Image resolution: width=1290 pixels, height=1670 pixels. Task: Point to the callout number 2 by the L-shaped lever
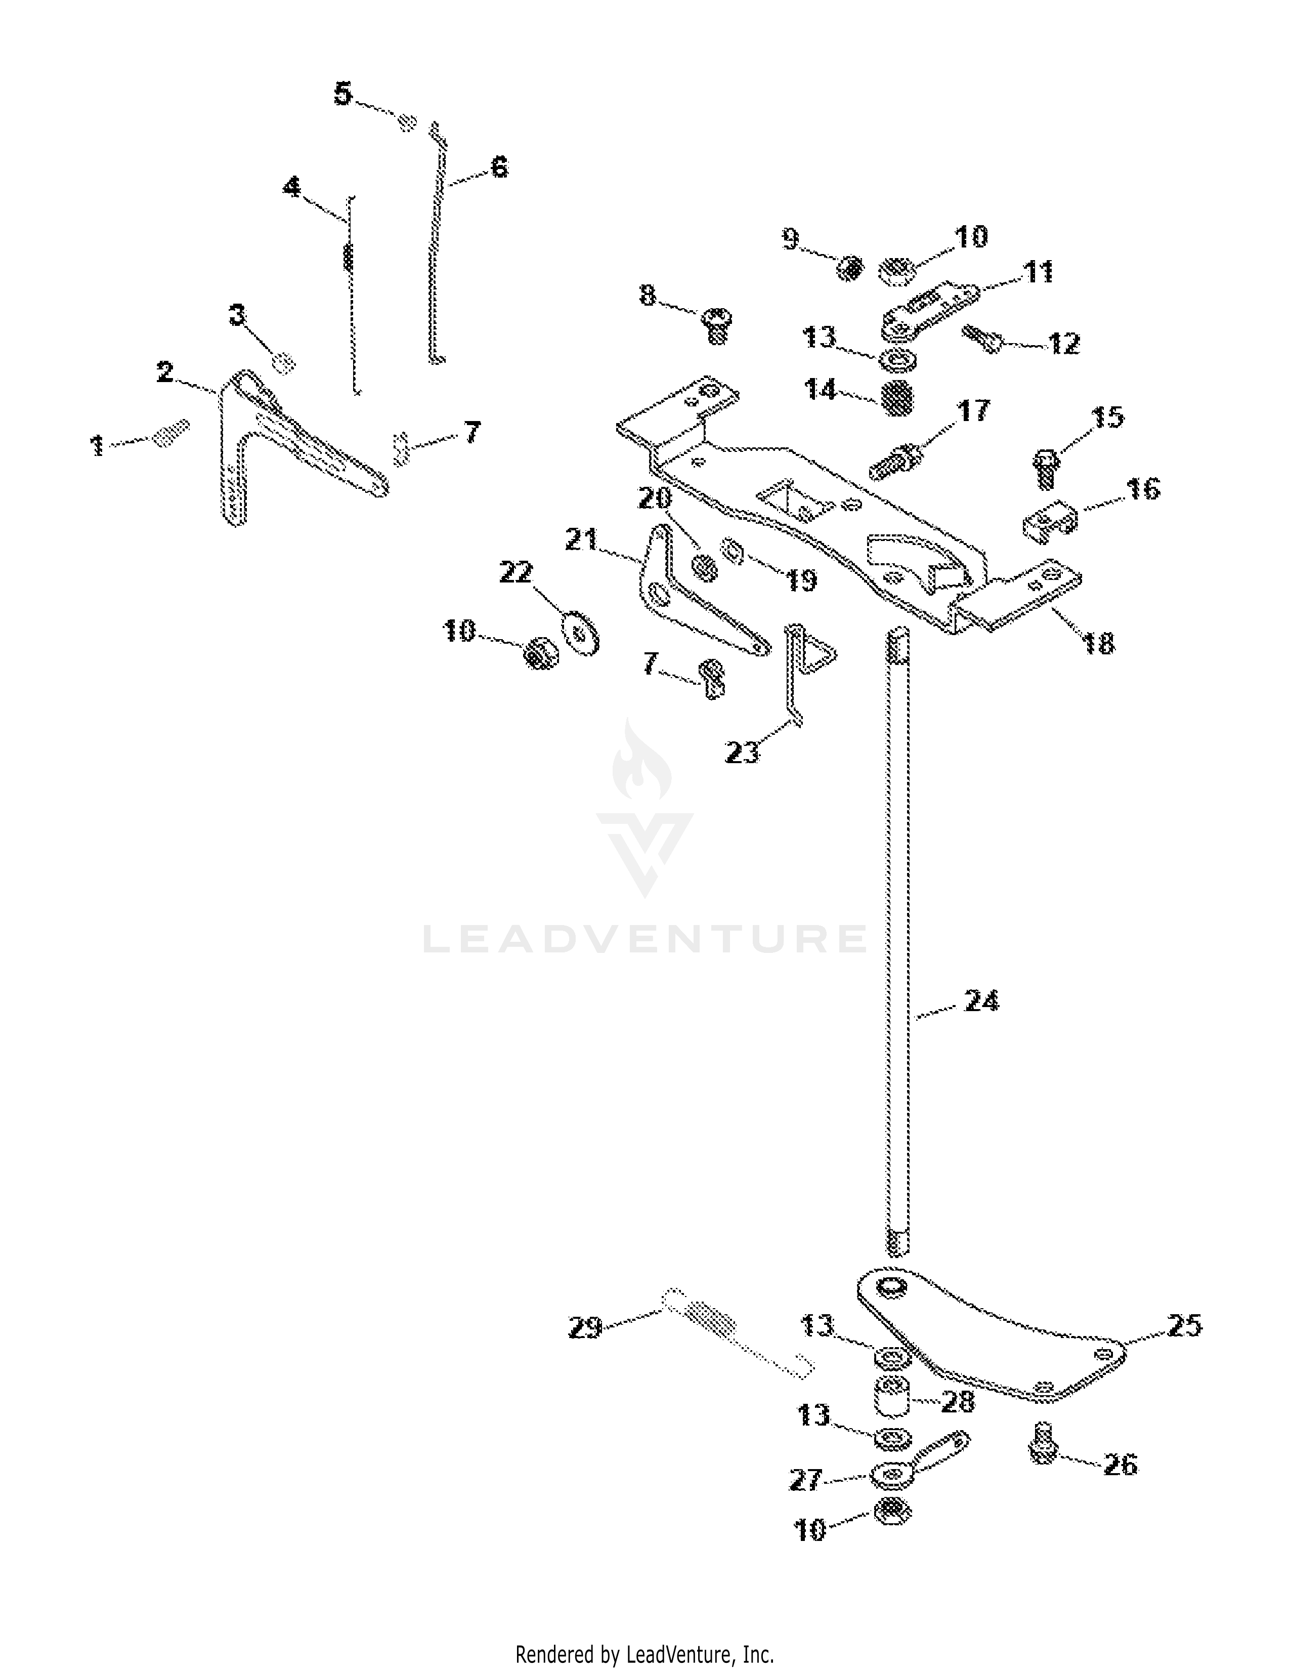[165, 372]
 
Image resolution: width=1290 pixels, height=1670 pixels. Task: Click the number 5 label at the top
[343, 94]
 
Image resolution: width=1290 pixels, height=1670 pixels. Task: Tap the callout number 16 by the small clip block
[1143, 488]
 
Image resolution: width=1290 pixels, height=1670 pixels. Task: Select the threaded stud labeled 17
[897, 461]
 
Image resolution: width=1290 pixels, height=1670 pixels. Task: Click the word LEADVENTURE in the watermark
[644, 938]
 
